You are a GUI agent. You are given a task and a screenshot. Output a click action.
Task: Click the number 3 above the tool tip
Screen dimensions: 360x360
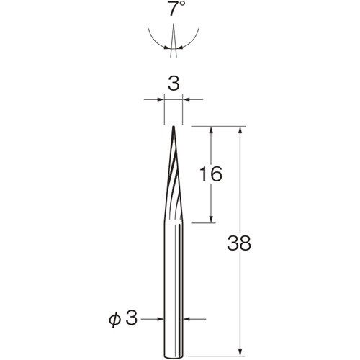pyautogui.click(x=174, y=84)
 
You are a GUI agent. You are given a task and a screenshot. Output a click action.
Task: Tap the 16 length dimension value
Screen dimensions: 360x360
pyautogui.click(x=211, y=174)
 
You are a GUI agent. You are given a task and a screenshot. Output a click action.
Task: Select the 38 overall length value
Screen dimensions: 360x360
pyautogui.click(x=239, y=243)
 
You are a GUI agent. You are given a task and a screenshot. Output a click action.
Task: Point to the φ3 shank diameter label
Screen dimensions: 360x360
pyautogui.click(x=123, y=319)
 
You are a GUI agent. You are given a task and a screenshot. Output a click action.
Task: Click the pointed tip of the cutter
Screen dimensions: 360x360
pyautogui.click(x=174, y=127)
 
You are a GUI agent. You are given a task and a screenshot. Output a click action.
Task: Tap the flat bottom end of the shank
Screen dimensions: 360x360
pyautogui.click(x=174, y=357)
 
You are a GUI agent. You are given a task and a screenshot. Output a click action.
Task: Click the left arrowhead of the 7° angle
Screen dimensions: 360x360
pyautogui.click(x=167, y=48)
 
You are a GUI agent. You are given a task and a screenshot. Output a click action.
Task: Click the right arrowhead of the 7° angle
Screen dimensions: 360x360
pyautogui.click(x=180, y=48)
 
